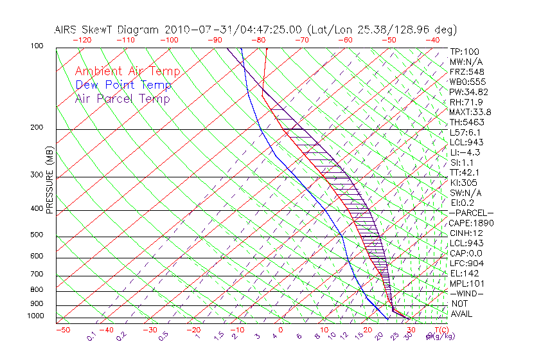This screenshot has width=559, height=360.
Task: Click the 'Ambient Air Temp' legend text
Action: pos(127,71)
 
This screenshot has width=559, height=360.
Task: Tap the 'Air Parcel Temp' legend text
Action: pos(122,98)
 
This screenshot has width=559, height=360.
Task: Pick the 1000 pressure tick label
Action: pos(37,316)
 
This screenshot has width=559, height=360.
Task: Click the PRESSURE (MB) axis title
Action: pos(49,182)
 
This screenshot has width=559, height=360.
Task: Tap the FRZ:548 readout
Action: pos(465,72)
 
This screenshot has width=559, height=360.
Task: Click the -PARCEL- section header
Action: pos(471,213)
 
